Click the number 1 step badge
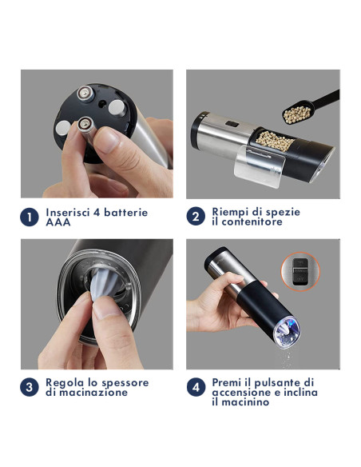tap(29, 217)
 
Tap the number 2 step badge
tap(195, 217)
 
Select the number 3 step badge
tap(29, 387)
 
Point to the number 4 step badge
tap(195, 387)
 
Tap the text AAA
tap(58, 222)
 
